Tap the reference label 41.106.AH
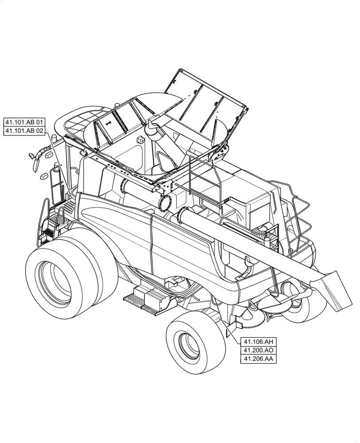(x=258, y=342)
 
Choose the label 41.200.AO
(x=258, y=350)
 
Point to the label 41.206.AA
(x=258, y=359)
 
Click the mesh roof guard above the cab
(x=80, y=122)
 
